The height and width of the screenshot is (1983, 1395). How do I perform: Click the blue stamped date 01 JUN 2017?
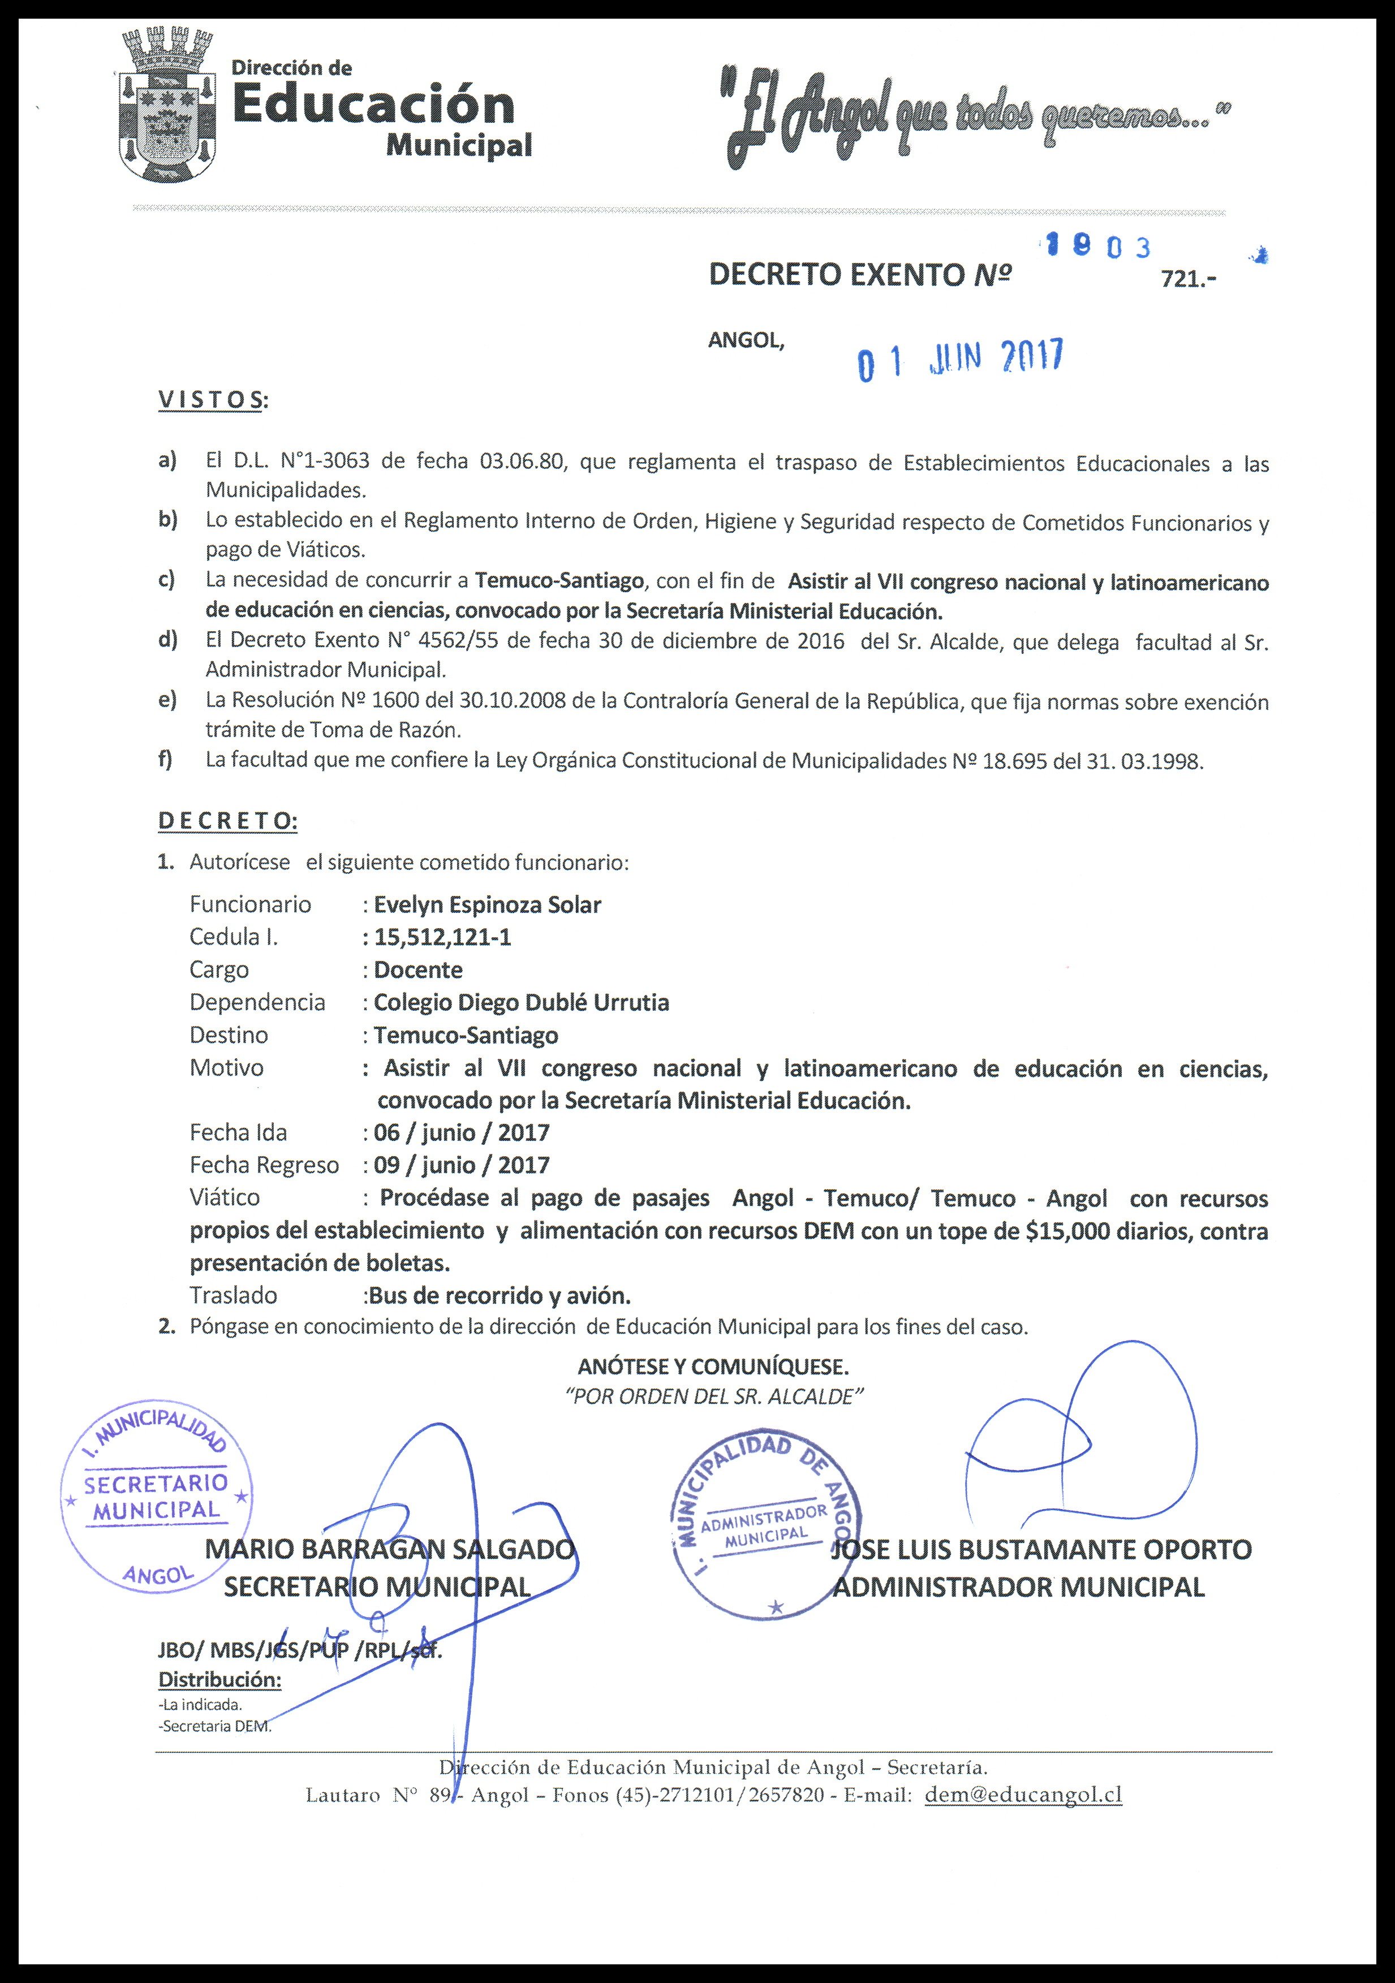(x=959, y=359)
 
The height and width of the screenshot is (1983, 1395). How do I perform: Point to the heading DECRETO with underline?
(x=227, y=821)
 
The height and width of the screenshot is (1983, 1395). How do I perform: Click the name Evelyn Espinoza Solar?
(x=487, y=904)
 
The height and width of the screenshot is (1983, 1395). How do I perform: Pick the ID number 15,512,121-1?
(x=442, y=937)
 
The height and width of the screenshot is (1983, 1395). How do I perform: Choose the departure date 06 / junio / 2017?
(x=461, y=1132)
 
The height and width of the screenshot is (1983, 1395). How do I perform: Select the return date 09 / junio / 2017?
(x=461, y=1165)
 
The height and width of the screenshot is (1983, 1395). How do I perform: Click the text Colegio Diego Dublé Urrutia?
(x=521, y=1002)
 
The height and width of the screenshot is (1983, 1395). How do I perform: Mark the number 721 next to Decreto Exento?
(x=1186, y=279)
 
